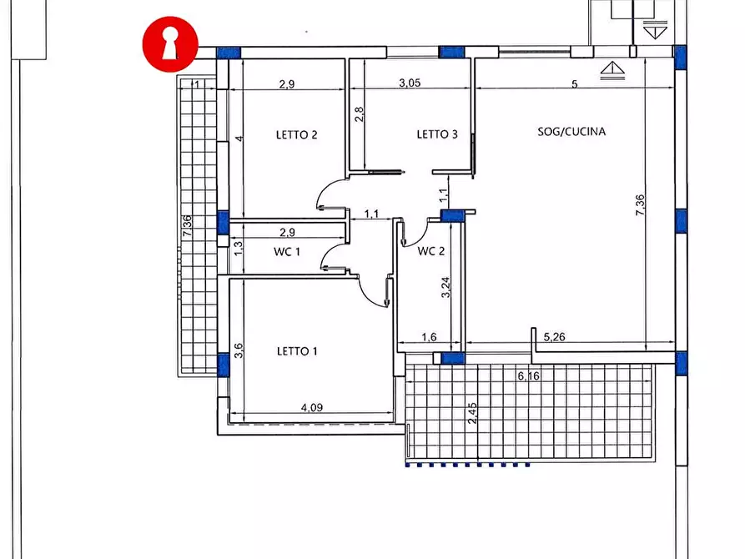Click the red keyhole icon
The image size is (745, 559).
coord(170,44)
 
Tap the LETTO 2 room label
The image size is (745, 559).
coord(296,135)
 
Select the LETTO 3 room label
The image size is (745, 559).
coord(437,134)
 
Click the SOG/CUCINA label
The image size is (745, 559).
coord(571,132)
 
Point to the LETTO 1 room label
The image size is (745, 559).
coord(297,351)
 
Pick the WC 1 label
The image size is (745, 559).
coord(287,251)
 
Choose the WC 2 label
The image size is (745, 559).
coord(431,251)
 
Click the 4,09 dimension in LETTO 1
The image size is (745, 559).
coord(312,407)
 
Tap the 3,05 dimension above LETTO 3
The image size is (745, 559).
coord(410,83)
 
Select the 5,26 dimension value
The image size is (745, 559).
coord(555,337)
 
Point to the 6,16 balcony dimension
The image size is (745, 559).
coord(528,376)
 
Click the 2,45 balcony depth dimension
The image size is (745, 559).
coord(472,414)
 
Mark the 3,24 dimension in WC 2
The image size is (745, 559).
coord(445,287)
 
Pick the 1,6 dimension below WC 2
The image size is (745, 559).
coord(429,337)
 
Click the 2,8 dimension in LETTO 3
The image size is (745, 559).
coord(360,114)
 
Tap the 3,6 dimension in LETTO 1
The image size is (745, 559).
coord(239,350)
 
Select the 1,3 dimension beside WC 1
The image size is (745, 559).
coord(239,248)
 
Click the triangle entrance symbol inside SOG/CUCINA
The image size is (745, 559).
coord(612,70)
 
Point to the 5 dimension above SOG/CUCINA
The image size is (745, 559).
coord(575,84)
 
